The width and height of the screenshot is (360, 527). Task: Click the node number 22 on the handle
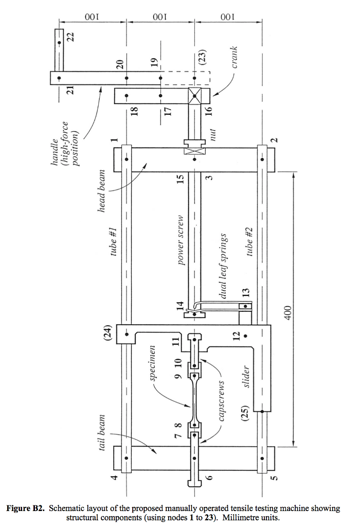point(71,38)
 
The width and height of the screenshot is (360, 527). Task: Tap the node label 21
point(71,89)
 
